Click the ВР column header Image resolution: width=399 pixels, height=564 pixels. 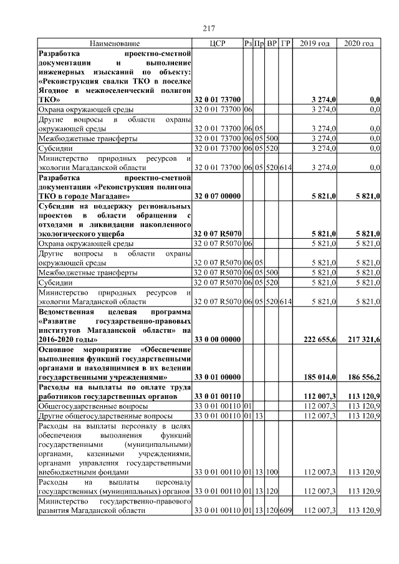(x=272, y=43)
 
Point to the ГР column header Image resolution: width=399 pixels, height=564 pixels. (x=286, y=43)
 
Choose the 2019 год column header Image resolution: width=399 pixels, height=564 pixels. (x=315, y=43)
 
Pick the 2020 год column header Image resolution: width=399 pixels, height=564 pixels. (x=358, y=43)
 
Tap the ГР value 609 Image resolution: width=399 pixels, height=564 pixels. (x=286, y=511)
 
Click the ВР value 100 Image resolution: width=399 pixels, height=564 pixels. (x=272, y=472)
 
